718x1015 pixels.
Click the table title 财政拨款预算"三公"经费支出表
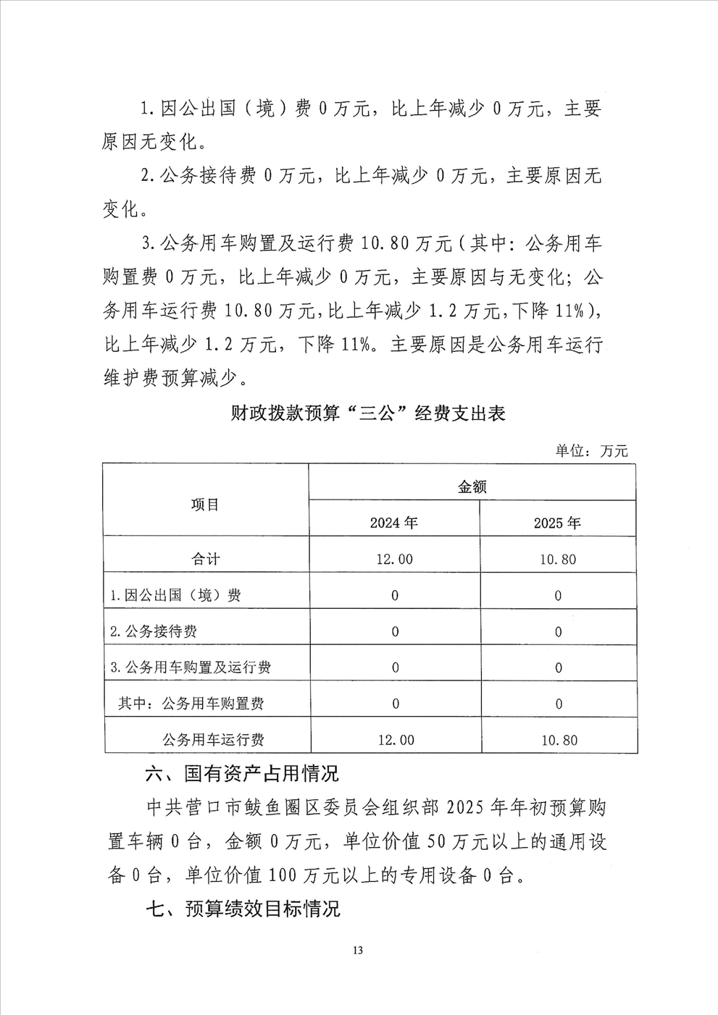tap(368, 413)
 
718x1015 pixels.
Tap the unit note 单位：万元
tap(591, 450)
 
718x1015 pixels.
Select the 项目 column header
tap(205, 505)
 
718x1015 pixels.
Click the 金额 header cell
tap(472, 487)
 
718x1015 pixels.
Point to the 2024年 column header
tap(393, 523)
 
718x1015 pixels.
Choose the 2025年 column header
tap(557, 523)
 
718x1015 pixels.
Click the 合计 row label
tap(205, 559)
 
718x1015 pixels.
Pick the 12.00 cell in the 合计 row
tap(394, 559)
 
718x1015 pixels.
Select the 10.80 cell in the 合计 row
tap(558, 559)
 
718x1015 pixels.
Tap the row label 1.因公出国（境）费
tap(175, 595)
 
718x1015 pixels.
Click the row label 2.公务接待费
tap(154, 631)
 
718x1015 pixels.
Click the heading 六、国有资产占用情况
tap(242, 773)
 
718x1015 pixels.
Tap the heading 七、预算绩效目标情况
tap(243, 909)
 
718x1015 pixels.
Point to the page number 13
tap(358, 951)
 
